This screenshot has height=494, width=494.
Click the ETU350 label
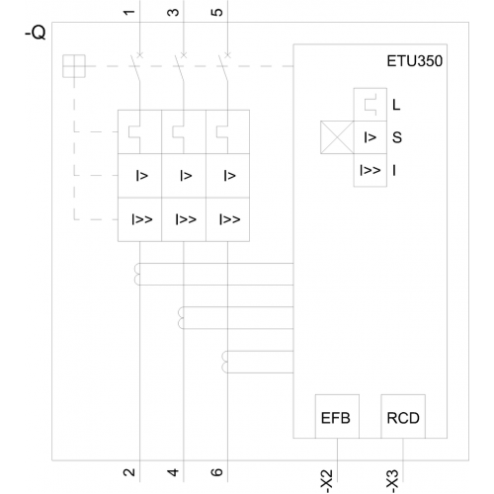(414, 61)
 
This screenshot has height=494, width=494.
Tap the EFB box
(337, 416)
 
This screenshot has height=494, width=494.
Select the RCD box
(403, 416)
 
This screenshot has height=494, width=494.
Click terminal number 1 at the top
(129, 13)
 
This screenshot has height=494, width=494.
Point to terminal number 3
(173, 13)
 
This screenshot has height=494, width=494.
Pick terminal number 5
(216, 13)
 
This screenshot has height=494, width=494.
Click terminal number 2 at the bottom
(129, 472)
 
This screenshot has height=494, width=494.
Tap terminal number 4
(173, 472)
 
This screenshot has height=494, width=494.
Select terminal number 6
(216, 472)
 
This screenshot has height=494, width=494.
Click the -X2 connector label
(327, 480)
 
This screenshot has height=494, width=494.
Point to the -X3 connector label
(392, 480)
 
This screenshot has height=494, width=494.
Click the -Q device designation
(36, 33)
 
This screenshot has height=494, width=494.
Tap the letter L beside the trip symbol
(396, 105)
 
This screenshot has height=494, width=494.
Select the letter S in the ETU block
(397, 137)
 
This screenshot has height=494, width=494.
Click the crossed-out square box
(337, 137)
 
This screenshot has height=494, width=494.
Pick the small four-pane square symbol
(74, 66)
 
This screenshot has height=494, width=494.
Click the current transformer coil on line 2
(136, 274)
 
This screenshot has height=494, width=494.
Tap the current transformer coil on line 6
(224, 362)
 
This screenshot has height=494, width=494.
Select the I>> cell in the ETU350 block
(370, 170)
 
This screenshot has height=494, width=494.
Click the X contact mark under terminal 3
(184, 55)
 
